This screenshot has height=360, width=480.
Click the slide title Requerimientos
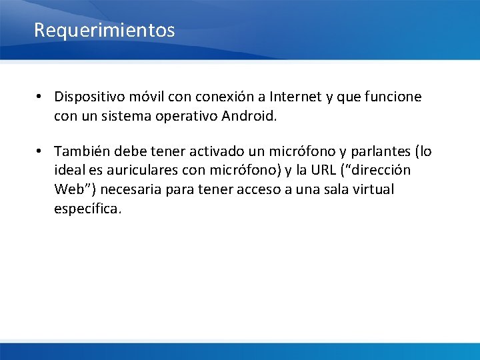pos(104,30)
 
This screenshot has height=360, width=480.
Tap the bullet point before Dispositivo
pos(41,97)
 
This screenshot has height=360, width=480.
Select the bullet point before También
pos(41,152)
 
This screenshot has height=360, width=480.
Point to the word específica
pos(87,209)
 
